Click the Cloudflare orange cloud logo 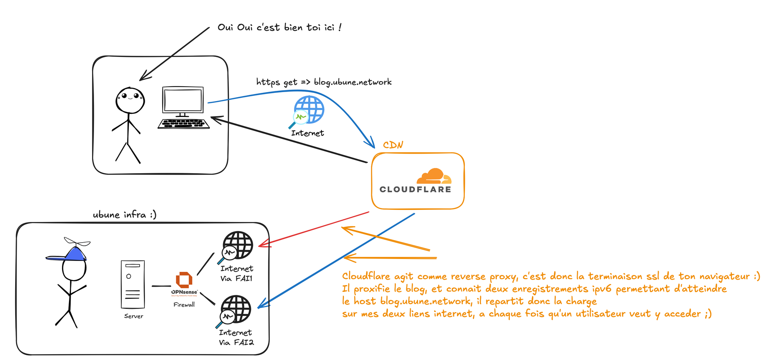(434, 176)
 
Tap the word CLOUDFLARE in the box (415, 190)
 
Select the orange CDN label (393, 145)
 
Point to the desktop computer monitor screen (183, 100)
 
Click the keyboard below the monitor (184, 124)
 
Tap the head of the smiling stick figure (130, 100)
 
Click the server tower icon (133, 284)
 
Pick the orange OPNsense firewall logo (184, 280)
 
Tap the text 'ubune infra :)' (124, 215)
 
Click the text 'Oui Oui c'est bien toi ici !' (279, 27)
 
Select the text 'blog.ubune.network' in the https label (353, 82)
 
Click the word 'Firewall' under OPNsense (184, 305)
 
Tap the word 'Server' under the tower (133, 316)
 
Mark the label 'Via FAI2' (236, 342)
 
